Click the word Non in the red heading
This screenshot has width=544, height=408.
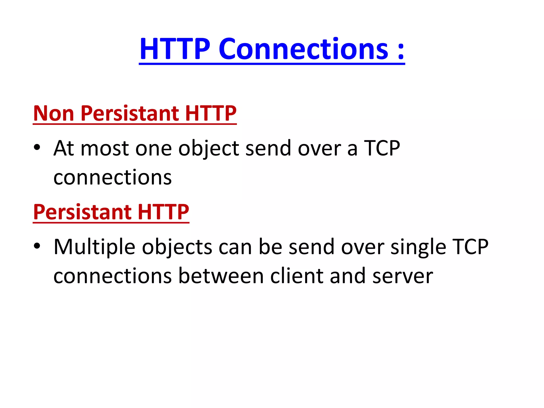pos(53,113)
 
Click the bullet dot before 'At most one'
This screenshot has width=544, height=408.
pos(37,148)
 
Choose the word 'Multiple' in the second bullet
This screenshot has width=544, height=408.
pos(95,247)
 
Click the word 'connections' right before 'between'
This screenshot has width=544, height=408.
pos(113,276)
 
